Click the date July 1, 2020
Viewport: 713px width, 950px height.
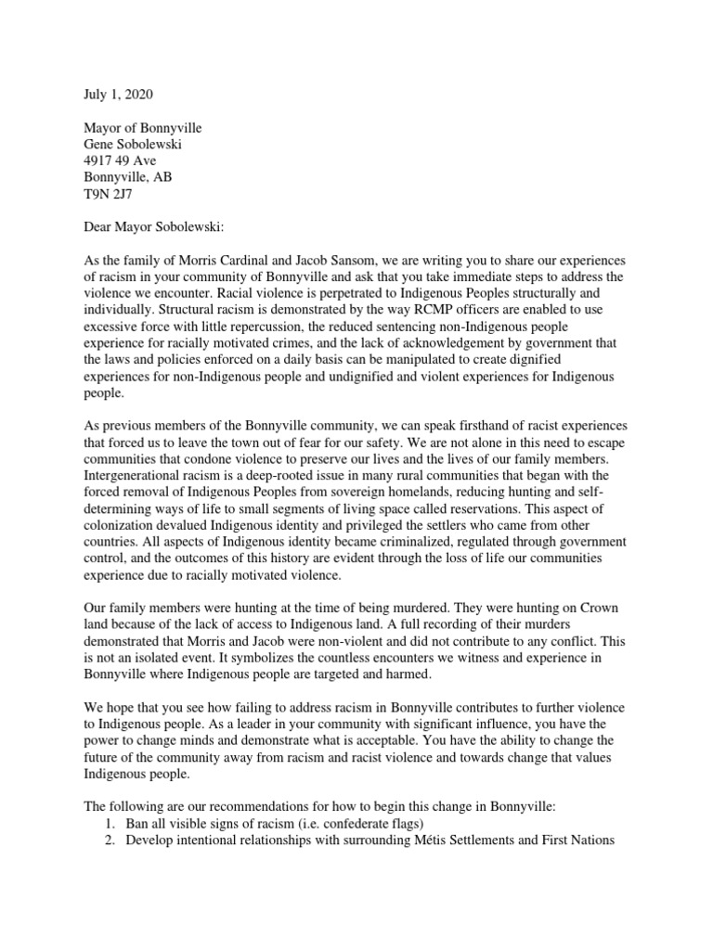tap(108, 95)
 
